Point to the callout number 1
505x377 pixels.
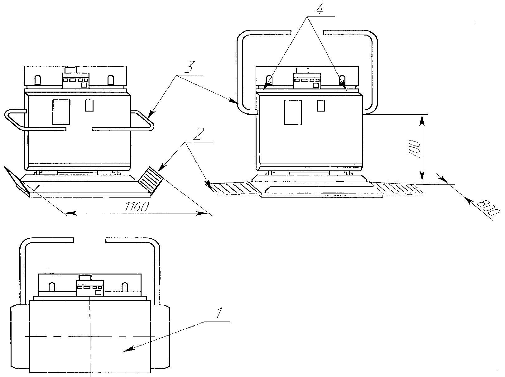click(x=219, y=313)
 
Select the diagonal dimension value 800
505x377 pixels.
click(x=488, y=208)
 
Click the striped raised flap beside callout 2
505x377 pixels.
click(x=151, y=179)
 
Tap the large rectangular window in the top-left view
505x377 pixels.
click(x=61, y=112)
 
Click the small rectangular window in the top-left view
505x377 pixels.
click(x=89, y=105)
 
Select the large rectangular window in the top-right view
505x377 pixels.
click(x=293, y=112)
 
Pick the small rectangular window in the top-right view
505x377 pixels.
click(x=321, y=106)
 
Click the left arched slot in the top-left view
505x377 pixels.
click(x=38, y=80)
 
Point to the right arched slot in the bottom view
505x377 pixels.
click(x=125, y=287)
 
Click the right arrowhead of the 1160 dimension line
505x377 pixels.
click(x=202, y=213)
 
